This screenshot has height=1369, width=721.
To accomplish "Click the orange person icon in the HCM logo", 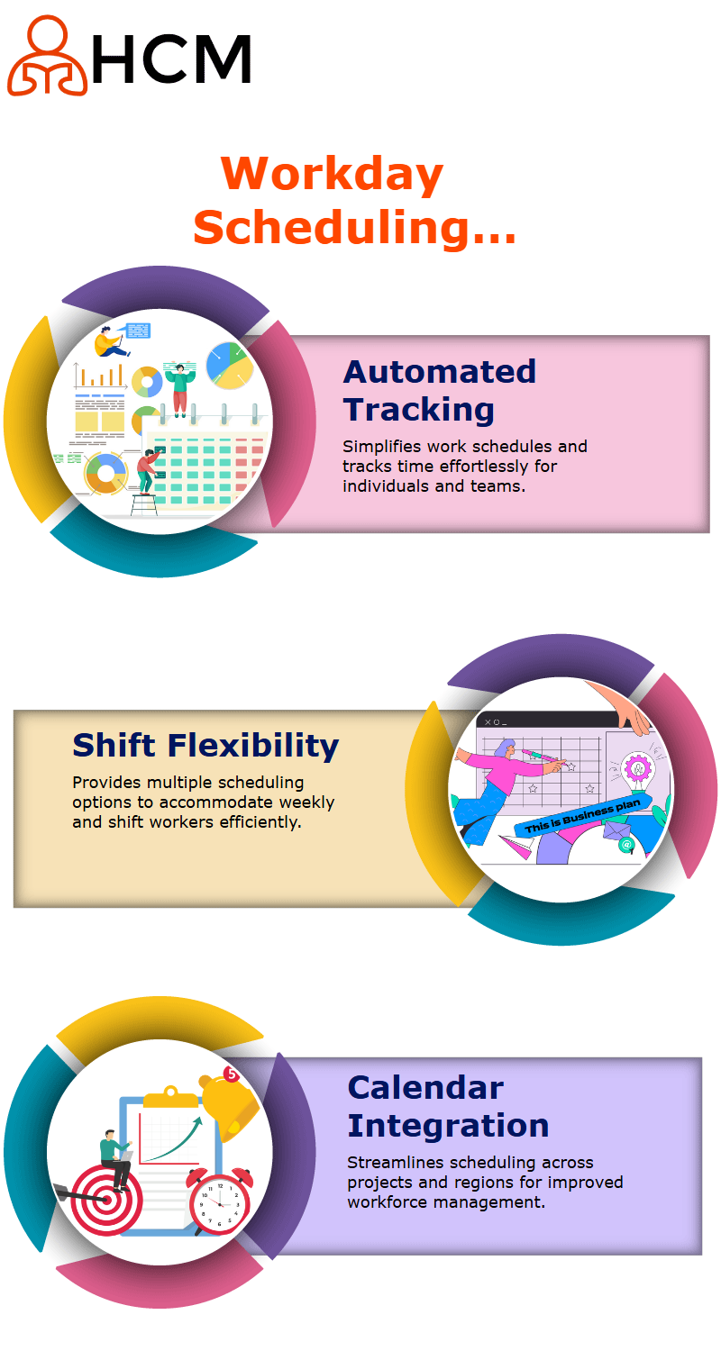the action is (x=47, y=56).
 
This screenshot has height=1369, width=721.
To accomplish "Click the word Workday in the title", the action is (x=332, y=174).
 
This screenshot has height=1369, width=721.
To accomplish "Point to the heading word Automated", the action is (x=440, y=372).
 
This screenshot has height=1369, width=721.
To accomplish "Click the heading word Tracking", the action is (x=419, y=410).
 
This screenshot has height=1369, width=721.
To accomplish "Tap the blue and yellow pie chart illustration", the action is (x=230, y=366).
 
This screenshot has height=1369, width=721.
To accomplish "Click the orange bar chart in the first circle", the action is (x=100, y=376).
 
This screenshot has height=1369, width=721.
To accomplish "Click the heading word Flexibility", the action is (x=253, y=747).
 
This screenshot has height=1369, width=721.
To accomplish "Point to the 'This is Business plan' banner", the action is (x=583, y=815).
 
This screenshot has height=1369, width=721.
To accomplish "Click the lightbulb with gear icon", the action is (x=637, y=769).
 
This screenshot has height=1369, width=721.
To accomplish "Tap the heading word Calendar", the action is (x=425, y=1089).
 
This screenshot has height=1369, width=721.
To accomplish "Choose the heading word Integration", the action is (x=448, y=1127).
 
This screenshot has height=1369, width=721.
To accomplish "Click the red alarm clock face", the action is (x=220, y=1204).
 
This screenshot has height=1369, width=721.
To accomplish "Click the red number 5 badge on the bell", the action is (x=231, y=1074).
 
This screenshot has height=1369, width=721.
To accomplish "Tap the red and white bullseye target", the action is (x=106, y=1200).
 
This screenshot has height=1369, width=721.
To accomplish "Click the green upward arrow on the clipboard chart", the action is (x=174, y=1139).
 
